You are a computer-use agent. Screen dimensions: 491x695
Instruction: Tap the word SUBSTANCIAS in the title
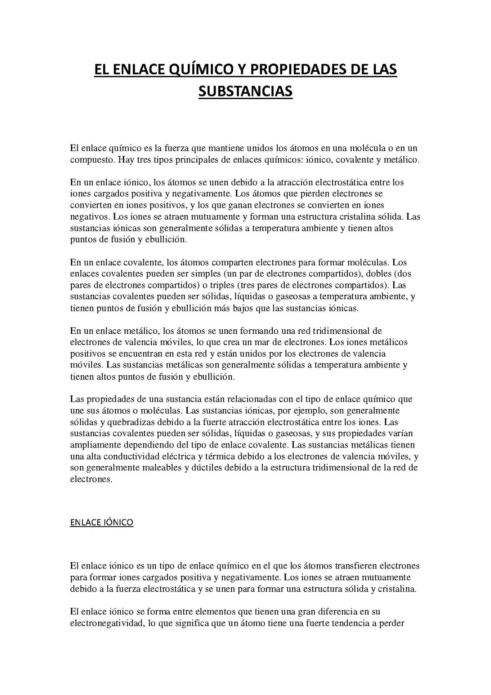(x=245, y=91)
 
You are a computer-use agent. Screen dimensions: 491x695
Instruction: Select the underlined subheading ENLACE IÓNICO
(x=101, y=522)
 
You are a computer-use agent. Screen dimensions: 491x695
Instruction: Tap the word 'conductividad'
(x=129, y=456)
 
